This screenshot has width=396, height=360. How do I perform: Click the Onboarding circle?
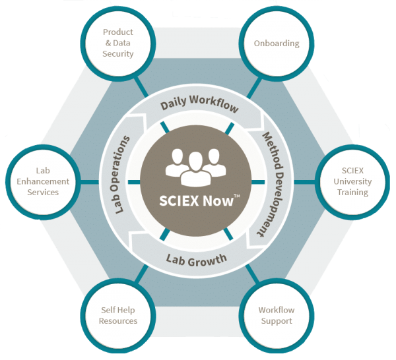coord(277,44)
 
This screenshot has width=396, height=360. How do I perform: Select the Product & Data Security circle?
coord(118,44)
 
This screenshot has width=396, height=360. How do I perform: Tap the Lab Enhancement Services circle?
coord(43,181)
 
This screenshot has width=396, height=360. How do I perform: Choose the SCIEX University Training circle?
coord(352,181)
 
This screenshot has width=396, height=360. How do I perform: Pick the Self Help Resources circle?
coord(118,316)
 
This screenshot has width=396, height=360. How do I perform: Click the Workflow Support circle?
coord(277,316)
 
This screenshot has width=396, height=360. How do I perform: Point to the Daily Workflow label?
coord(199,103)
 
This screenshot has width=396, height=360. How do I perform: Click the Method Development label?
coord(272,184)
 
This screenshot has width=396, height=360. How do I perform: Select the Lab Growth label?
coord(197,260)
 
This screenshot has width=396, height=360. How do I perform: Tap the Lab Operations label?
coord(119,175)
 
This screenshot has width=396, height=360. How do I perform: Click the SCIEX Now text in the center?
coord(196,201)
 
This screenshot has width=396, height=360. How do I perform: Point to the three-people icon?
coord(196,167)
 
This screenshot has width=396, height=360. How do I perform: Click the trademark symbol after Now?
coord(237,196)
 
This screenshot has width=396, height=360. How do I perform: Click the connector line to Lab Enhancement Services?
coord(89,182)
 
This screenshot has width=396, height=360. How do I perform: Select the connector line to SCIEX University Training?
coord(305,182)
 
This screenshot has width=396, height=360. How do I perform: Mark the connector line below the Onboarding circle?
coord(254,88)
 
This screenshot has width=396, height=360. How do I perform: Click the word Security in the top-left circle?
coord(118,54)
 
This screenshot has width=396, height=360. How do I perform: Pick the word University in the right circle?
coord(352,181)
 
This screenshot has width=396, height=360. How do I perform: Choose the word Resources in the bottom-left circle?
coord(118,321)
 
